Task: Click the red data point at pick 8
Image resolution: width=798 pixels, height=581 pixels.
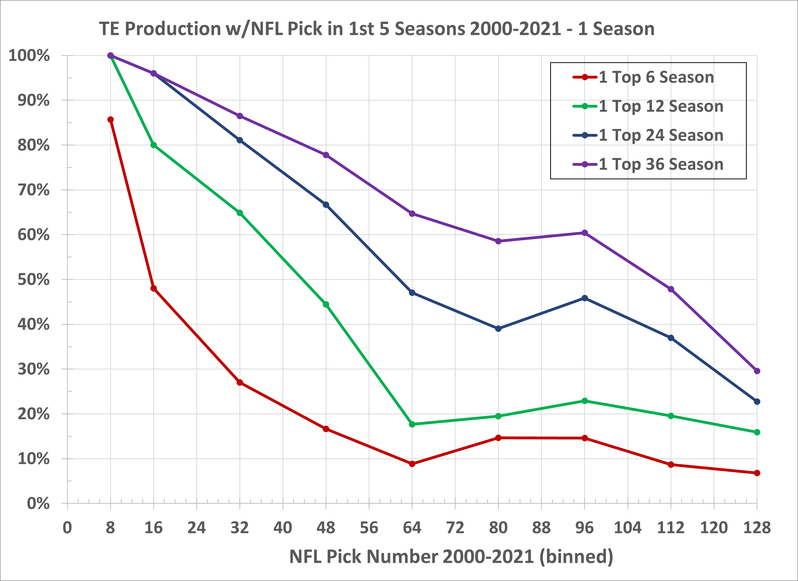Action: (110, 120)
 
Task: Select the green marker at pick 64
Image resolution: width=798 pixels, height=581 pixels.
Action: (412, 424)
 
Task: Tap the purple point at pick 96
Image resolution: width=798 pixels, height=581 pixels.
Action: (584, 233)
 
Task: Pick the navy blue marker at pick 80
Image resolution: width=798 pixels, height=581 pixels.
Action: (498, 329)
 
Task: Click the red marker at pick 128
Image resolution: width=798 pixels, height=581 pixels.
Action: (757, 473)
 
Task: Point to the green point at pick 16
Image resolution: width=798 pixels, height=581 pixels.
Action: (153, 145)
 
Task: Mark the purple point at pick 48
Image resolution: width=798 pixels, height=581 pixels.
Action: (326, 155)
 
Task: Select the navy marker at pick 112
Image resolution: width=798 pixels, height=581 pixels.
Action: (671, 338)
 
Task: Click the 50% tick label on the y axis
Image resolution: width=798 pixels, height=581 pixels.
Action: (34, 280)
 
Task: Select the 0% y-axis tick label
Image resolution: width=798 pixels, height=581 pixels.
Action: (38, 503)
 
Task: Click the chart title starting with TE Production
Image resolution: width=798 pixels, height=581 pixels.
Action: (377, 29)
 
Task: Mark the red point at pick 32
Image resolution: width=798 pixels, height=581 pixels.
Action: (240, 383)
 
